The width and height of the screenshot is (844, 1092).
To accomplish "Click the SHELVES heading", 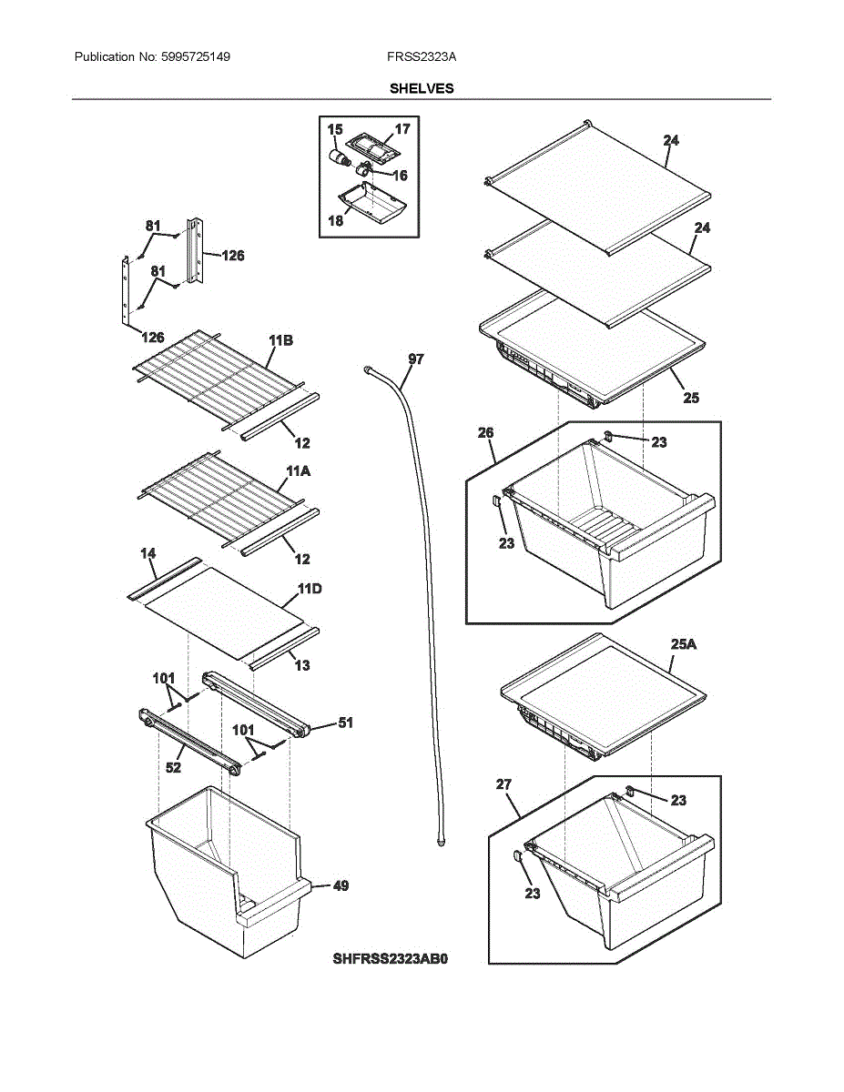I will coord(422,88).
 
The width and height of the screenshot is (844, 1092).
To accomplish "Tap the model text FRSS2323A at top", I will coord(422,57).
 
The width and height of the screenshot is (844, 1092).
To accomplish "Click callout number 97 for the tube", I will coord(416,360).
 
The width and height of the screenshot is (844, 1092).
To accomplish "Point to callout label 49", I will coord(340,885).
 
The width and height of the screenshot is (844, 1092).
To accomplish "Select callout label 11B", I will coord(280,340).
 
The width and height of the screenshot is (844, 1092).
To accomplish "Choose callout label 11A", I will coord(298,472).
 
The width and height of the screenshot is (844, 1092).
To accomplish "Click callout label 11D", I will coord(310,589).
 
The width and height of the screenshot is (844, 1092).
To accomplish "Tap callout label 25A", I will coord(684,644).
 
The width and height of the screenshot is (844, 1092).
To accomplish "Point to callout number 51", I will coord(345,723).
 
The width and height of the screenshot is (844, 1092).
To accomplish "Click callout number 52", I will coord(173,768).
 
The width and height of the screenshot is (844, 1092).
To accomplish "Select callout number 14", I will coord(147,553).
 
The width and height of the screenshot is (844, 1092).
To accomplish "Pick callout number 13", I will coord(302,665).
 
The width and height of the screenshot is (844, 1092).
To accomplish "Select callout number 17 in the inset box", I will coord(402,129).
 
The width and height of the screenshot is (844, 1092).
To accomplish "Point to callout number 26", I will coord(486,432).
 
